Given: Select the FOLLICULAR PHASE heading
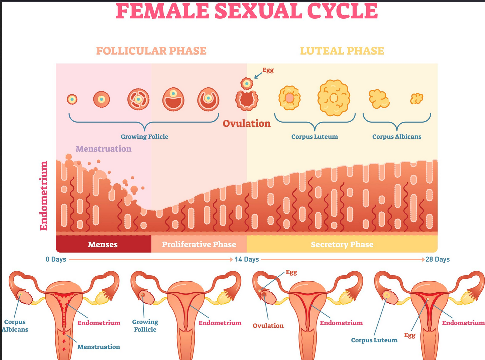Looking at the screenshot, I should coord(151,51).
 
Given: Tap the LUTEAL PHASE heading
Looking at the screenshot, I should coord(342,51).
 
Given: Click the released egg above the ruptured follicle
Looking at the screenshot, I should coord(247,83).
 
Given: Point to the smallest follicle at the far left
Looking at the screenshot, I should coord(72,99).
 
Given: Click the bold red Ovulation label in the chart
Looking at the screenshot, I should coord(247,124).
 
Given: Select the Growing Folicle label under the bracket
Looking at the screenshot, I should coord(144,137).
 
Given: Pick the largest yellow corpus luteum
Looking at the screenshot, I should coord(334,98).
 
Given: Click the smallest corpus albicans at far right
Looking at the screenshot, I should coord(417,99).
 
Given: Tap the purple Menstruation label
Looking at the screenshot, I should coord(103,149).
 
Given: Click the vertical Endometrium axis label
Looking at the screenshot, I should coord(44,196).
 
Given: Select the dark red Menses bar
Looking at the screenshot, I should coord(103,245).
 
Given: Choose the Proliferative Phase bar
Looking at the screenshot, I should coord(199,245).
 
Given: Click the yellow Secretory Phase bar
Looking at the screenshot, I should coord(342,245).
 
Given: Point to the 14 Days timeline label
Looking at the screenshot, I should coord(247,259).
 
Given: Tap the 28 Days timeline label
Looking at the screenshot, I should coord(437,259).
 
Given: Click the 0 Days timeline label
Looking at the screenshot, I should coord(56,259).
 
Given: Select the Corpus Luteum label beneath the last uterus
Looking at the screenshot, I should coord(374,340).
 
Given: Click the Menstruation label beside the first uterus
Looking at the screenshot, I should coord(98,347).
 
